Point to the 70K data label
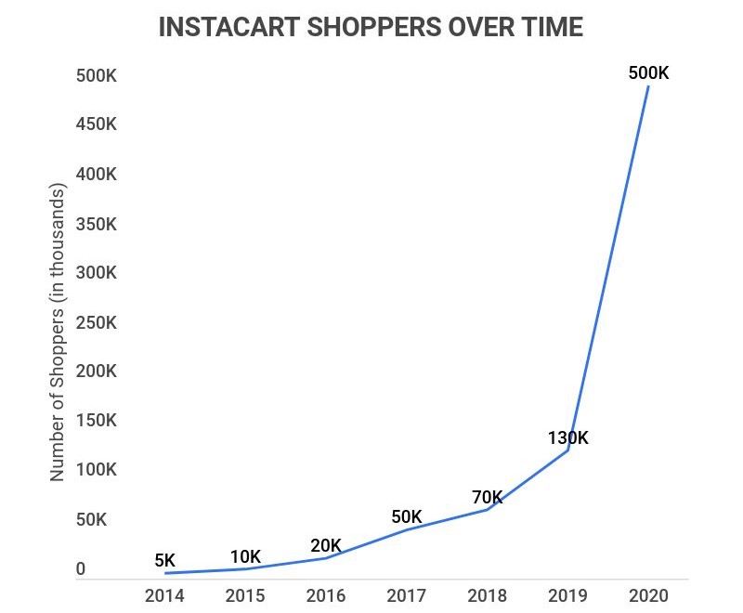pos(487,497)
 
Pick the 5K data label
pos(164,560)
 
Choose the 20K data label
pos(326,545)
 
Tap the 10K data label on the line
pos(245,557)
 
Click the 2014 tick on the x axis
pos(164,596)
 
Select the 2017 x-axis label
pos(407,596)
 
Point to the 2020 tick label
pos(647,596)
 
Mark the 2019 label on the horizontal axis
pos(567,596)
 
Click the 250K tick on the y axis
pos(96,322)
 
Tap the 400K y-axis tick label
pos(96,175)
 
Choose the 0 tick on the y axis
pos(81,568)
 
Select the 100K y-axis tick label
pos(96,470)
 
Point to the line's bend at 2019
pos(567,450)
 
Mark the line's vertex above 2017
pos(407,529)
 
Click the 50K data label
pos(406,516)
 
